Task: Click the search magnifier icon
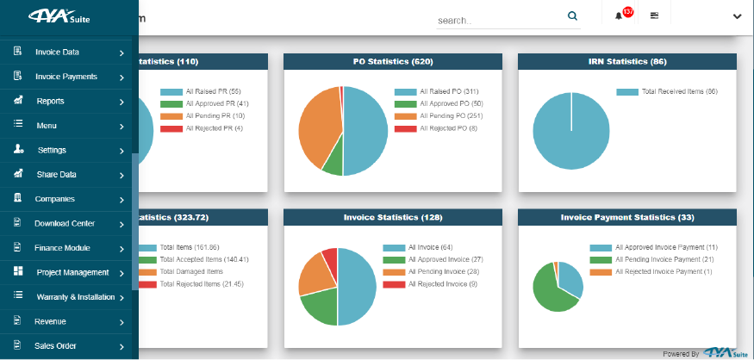point(572,16)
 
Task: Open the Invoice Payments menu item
point(65,77)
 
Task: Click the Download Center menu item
point(65,224)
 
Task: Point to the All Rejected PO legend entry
point(436,128)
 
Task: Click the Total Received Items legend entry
point(667,91)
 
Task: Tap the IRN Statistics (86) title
point(627,61)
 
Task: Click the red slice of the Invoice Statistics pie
point(330,259)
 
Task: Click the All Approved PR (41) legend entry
point(204,103)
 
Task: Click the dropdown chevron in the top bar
point(737,17)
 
